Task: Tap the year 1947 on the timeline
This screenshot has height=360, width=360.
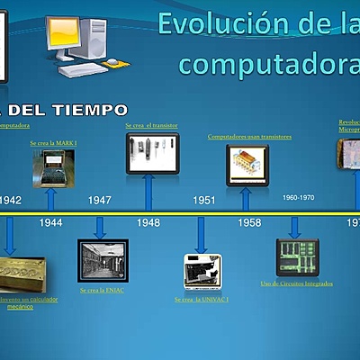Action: point(100,201)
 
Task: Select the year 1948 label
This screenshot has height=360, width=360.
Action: point(148,221)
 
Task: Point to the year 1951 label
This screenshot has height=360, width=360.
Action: point(204,201)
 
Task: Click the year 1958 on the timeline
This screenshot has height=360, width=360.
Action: point(249,221)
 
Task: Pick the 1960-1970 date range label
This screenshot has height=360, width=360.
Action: point(298,197)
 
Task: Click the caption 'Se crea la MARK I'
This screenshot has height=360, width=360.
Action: point(52,142)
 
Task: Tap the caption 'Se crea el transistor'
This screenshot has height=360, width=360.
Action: point(151,126)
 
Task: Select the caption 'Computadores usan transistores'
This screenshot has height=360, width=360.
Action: point(249,137)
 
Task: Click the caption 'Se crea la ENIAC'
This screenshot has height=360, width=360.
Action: point(101,290)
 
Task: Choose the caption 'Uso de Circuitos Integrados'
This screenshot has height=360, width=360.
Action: point(296,283)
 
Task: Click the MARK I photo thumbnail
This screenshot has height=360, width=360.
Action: point(53,168)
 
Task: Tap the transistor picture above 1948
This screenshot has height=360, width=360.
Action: point(152,153)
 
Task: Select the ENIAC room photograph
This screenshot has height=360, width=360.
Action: point(103,260)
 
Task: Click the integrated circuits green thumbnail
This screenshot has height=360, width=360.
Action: point(296,255)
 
